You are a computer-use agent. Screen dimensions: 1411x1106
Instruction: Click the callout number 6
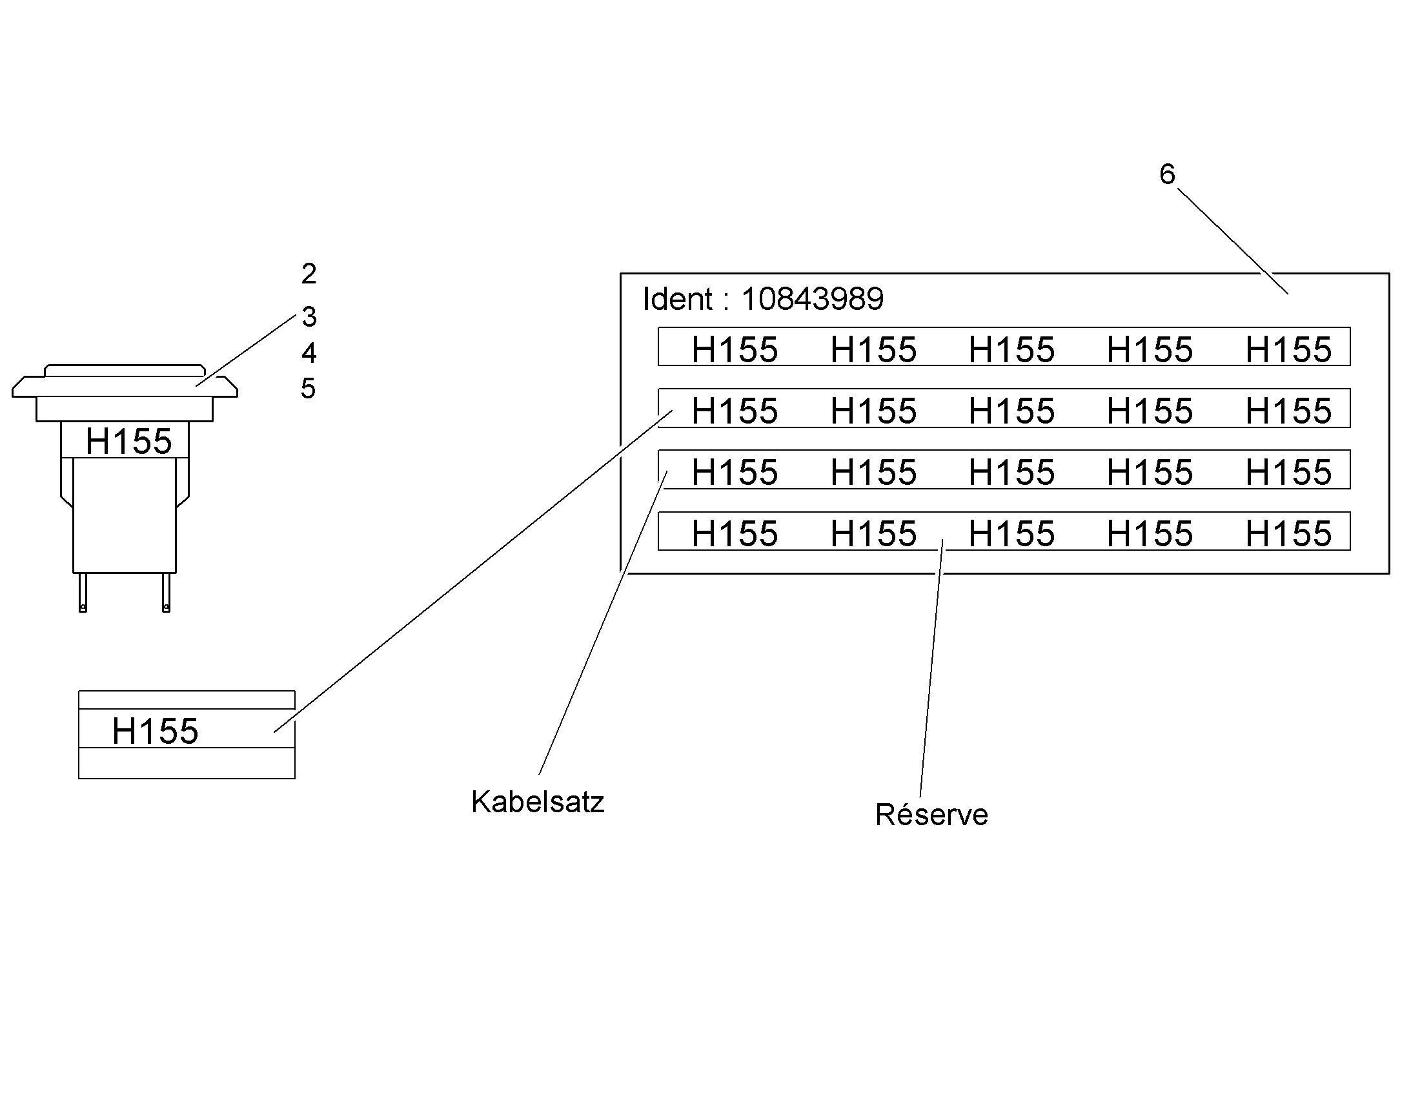coord(1167,174)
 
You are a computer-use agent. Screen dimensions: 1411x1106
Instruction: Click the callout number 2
coord(309,274)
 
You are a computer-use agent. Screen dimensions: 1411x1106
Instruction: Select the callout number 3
coord(309,316)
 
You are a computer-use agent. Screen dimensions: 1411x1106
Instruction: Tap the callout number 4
coord(309,353)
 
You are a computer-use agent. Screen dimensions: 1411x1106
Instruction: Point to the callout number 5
coord(308,389)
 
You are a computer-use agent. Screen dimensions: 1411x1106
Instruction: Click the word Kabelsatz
coord(538,802)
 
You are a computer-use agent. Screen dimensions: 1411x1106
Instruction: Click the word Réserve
coord(931,814)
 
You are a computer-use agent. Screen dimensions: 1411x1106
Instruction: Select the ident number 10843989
coord(812,299)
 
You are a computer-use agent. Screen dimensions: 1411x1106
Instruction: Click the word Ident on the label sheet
coord(678,299)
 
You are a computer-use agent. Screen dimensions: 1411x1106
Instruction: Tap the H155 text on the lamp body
coord(129,442)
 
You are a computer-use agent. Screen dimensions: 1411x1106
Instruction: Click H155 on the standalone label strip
coord(156,731)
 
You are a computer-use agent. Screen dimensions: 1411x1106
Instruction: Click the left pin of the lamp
coord(83,593)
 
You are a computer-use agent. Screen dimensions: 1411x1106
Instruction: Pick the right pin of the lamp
coord(167,593)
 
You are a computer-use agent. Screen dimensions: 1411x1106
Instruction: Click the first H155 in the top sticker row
coord(735,350)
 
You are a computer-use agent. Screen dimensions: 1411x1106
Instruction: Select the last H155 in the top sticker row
coord(1288,350)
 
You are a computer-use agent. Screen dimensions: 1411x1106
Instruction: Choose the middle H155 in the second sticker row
coord(1011,411)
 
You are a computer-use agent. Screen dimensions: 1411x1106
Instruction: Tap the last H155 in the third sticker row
coord(1288,472)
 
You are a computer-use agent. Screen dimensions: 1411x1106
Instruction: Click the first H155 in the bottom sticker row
coord(735,533)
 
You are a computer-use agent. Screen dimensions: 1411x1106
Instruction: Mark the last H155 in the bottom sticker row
coord(1288,533)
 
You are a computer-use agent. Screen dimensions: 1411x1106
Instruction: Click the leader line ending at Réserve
coord(931,668)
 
